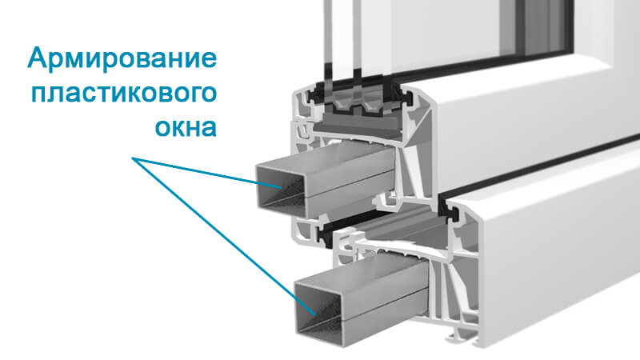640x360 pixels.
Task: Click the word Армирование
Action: [x=122, y=58]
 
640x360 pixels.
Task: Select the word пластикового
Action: [x=124, y=94]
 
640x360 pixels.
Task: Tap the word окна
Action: [x=186, y=128]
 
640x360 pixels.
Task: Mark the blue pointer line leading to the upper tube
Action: [x=206, y=173]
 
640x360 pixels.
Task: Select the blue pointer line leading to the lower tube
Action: [x=224, y=236]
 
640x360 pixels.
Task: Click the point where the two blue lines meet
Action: [x=132, y=158]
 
